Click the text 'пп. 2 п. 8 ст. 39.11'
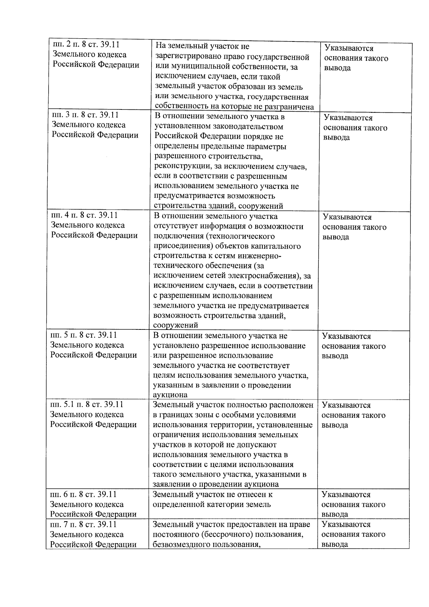[x=86, y=45]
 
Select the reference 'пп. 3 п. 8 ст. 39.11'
[x=85, y=115]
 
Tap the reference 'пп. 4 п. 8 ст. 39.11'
[x=84, y=215]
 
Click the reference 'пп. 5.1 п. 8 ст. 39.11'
[x=87, y=405]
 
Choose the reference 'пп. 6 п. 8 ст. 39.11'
[x=83, y=494]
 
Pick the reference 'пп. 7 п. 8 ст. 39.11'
[x=83, y=524]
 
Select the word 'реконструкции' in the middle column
[x=181, y=166]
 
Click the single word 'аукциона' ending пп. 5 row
[x=170, y=395]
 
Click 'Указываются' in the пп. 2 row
[x=349, y=48]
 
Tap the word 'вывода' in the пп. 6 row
[x=335, y=515]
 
